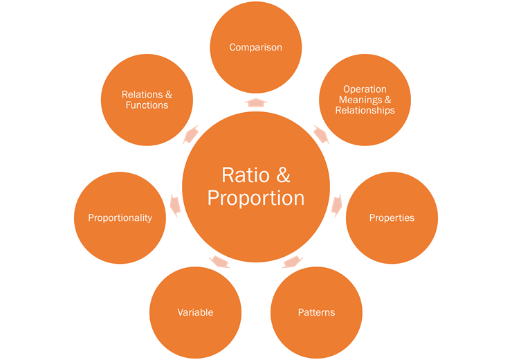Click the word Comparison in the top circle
256,47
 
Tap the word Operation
365,89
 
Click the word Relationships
365,110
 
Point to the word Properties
392,217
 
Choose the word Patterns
316,312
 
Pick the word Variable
195,312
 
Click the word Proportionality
120,218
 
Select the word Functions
147,105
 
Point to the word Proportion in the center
256,198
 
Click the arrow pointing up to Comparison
256,102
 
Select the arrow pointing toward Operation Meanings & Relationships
321,133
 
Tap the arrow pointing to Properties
338,204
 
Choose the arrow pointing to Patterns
293,262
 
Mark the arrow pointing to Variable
219,262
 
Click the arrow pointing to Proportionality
174,204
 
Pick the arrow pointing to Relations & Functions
191,133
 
